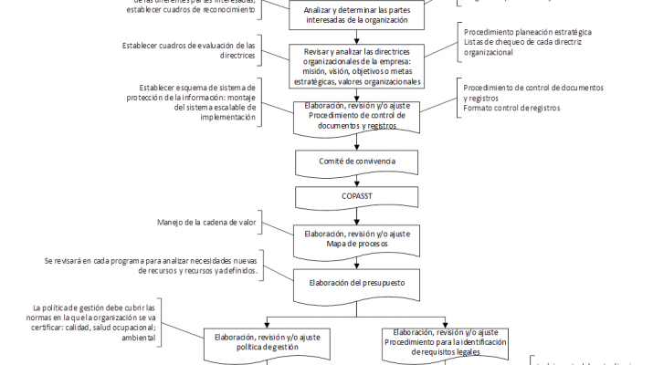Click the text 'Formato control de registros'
click(511, 109)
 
